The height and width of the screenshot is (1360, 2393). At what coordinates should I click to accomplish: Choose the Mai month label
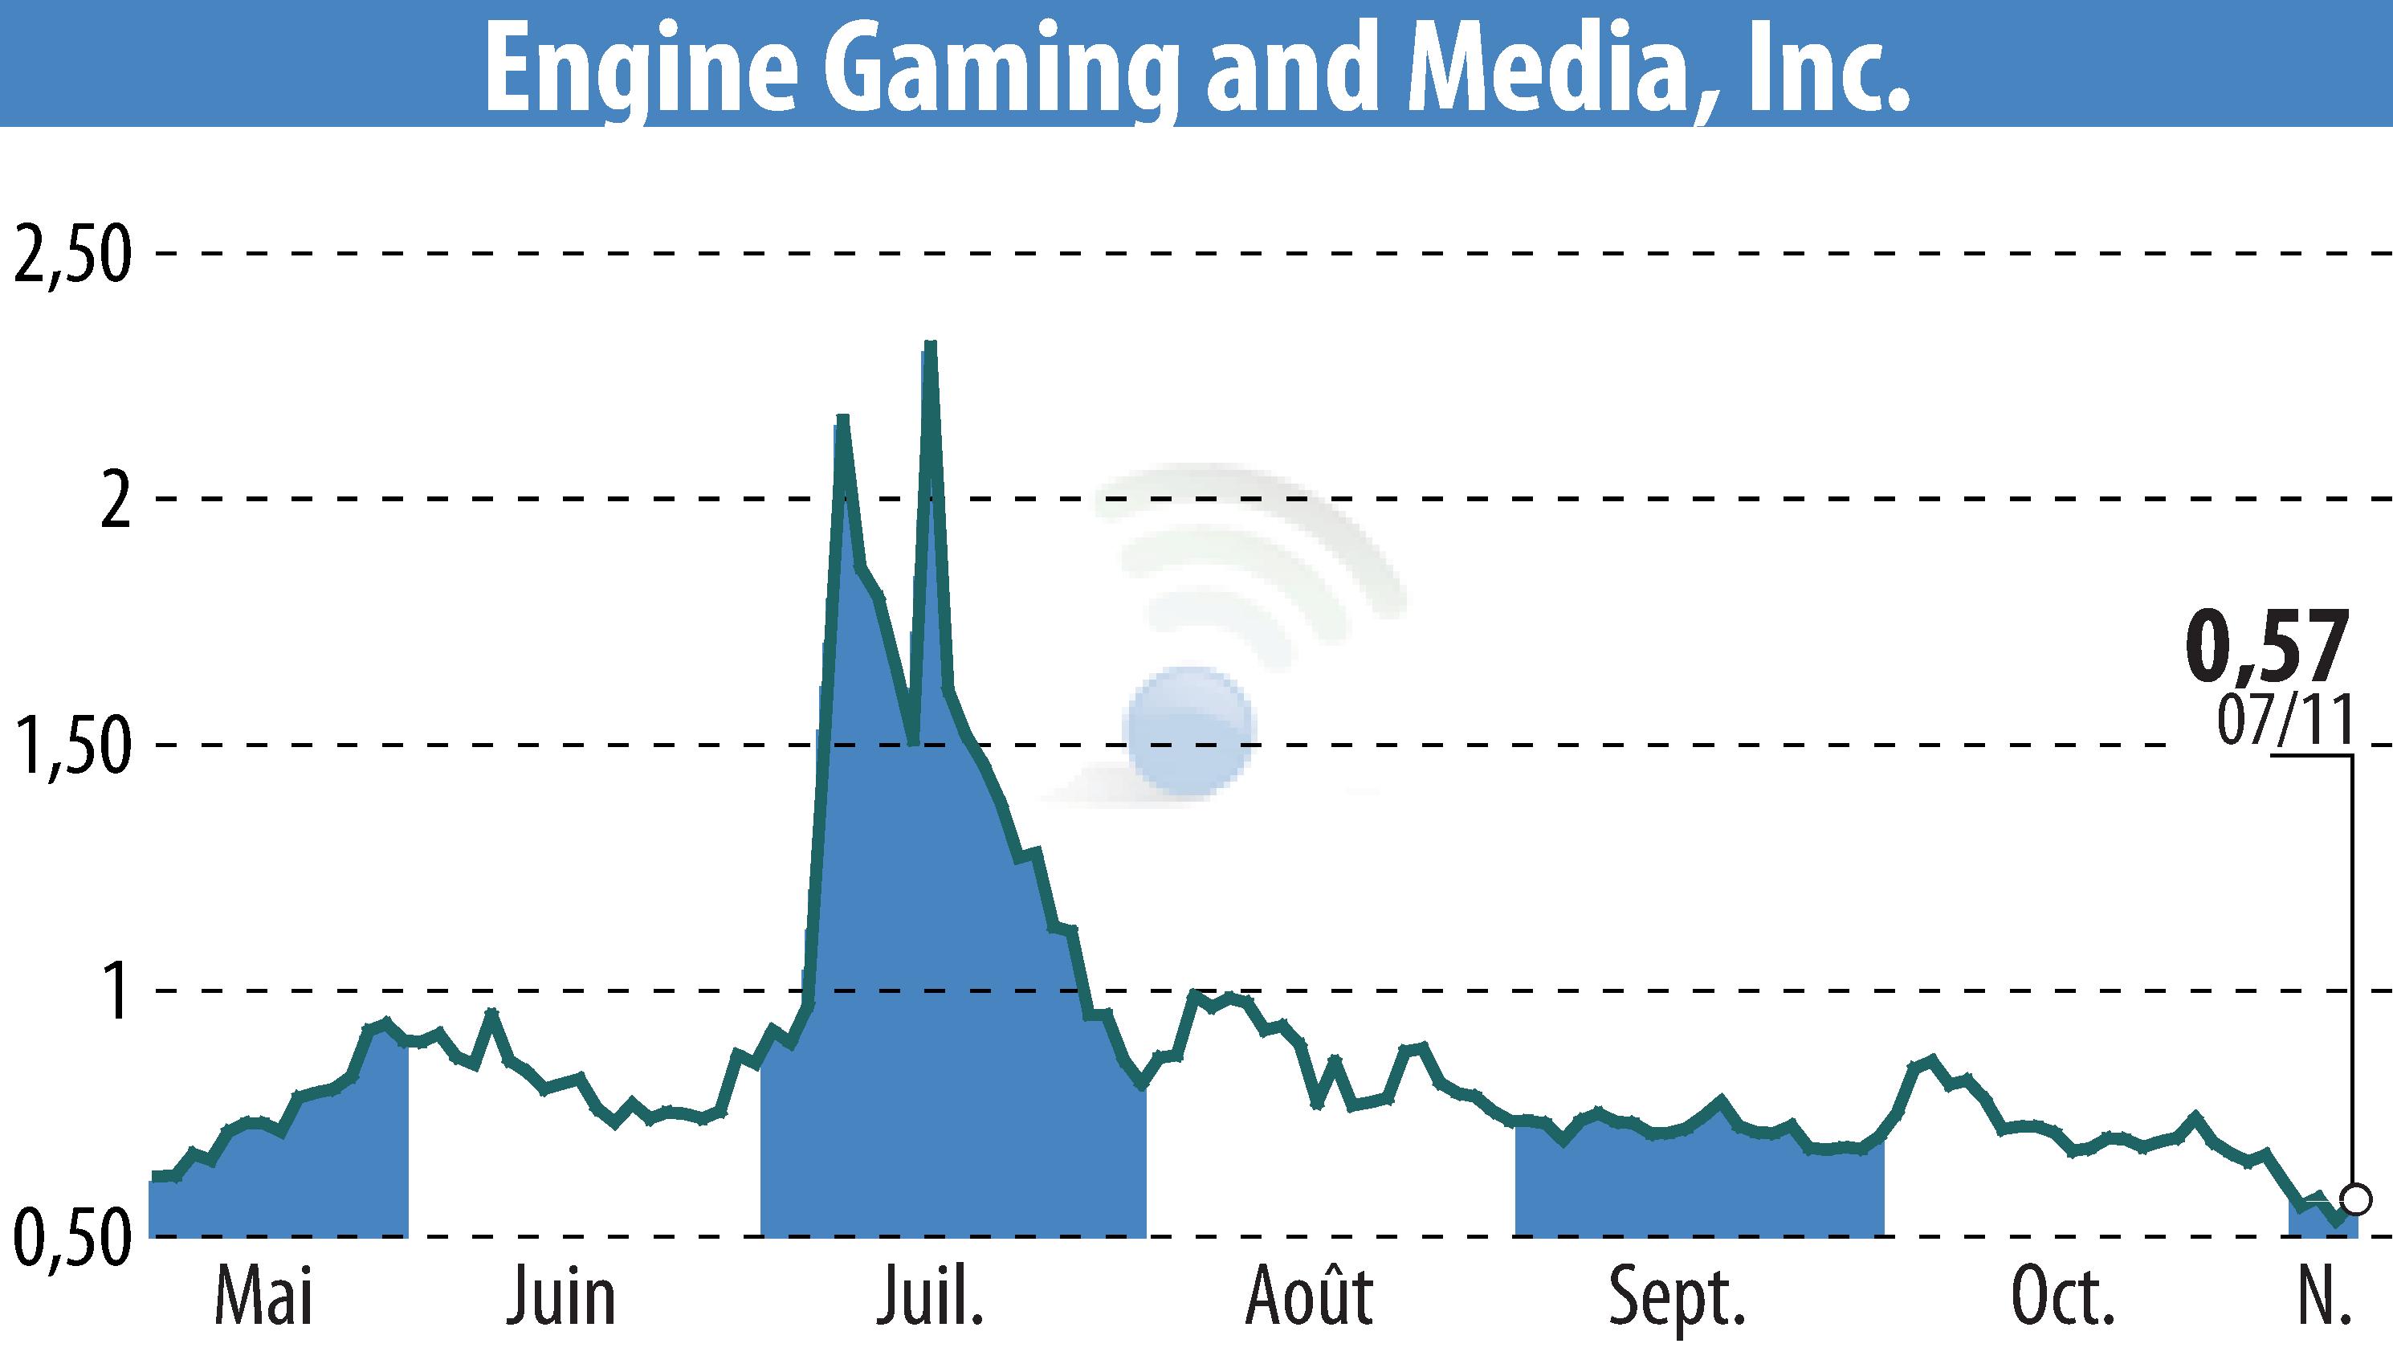[x=263, y=1297]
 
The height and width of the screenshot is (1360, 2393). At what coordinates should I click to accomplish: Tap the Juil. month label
[x=930, y=1297]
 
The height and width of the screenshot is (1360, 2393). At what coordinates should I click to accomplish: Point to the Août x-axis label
[x=1309, y=1296]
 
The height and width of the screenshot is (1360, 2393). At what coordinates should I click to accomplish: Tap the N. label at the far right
[x=2324, y=1297]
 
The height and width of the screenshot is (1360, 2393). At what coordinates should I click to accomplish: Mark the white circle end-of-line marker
[x=2355, y=1198]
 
